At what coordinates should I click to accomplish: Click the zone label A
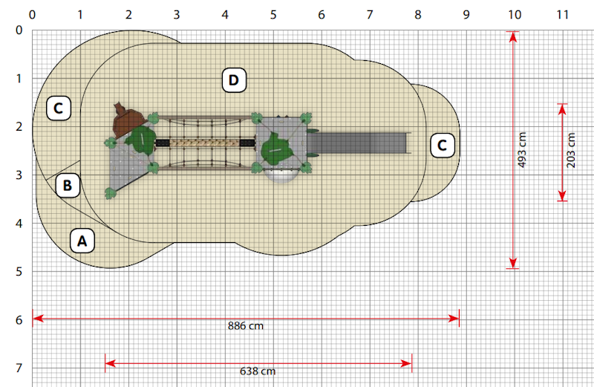point(82,241)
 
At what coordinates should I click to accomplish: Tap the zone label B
point(68,186)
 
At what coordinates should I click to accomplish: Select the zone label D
point(234,80)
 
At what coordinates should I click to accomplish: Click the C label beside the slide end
point(442,145)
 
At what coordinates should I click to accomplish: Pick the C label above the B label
point(59,108)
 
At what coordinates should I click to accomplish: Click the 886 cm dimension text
point(246,326)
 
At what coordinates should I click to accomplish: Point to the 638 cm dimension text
point(258,371)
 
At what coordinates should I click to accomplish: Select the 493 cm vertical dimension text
point(522,150)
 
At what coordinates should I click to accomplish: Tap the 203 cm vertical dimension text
point(571,151)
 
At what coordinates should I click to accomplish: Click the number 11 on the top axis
point(563,15)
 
